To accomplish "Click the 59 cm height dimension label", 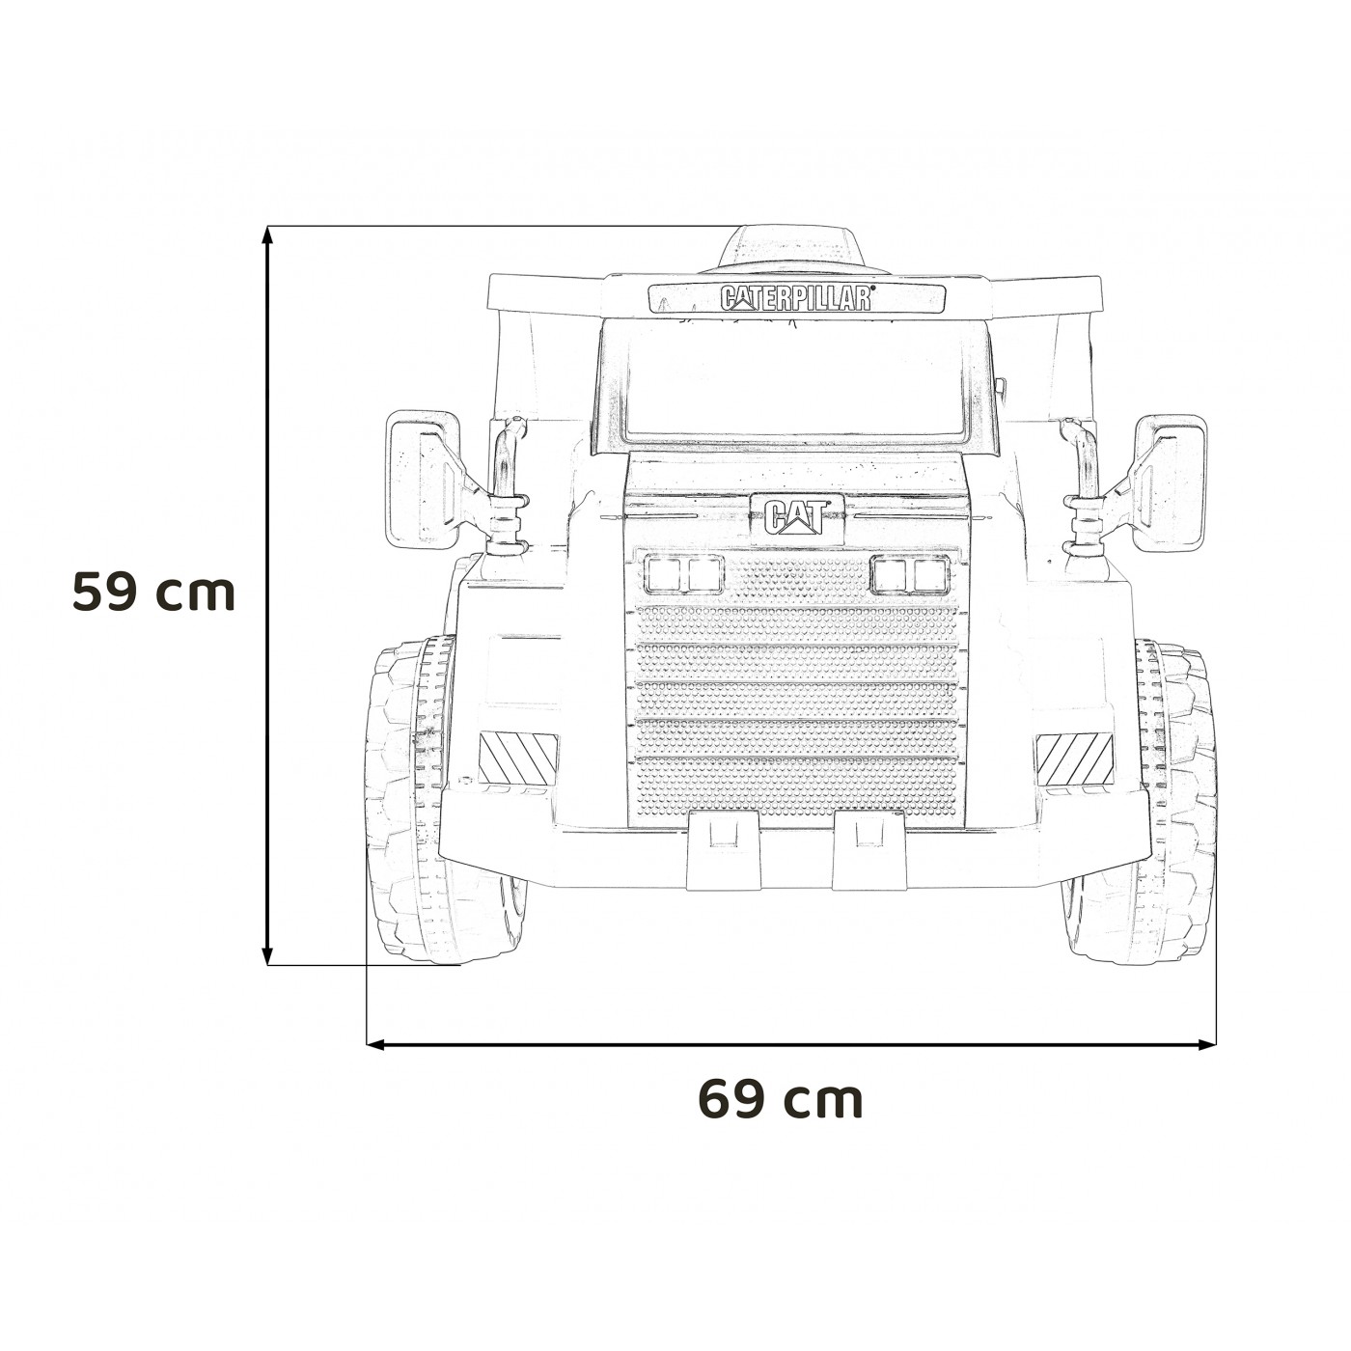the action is pyautogui.click(x=154, y=593).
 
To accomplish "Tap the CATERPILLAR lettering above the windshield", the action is pyautogui.click(x=796, y=298).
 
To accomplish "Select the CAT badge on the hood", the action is pyautogui.click(x=797, y=517).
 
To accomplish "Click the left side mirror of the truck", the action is pyautogui.click(x=422, y=481).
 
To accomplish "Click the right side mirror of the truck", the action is pyautogui.click(x=1171, y=483).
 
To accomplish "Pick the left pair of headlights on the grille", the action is pyautogui.click(x=684, y=575).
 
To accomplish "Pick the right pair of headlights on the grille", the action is pyautogui.click(x=910, y=575).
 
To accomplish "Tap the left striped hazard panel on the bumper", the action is pyautogui.click(x=518, y=758).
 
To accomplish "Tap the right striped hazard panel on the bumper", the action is pyautogui.click(x=1074, y=758).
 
